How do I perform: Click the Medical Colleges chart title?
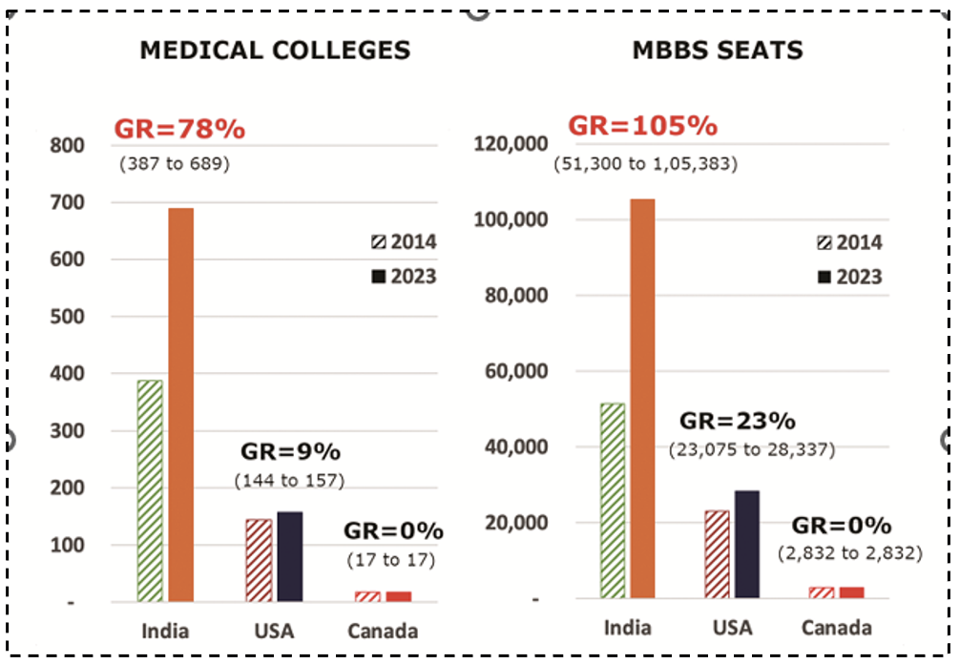coord(275,50)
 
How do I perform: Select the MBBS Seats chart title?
coord(718,50)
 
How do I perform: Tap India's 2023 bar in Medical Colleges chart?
coord(181,405)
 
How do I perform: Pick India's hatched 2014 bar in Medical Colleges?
coord(150,490)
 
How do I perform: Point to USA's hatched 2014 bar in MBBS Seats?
coord(717,553)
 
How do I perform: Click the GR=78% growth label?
coord(179,130)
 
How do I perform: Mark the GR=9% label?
coord(289,451)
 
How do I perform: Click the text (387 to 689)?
coord(175,163)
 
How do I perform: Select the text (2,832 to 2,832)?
coord(849,552)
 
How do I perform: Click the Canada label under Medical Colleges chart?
coord(382,631)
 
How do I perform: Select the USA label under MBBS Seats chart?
coord(732,628)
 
